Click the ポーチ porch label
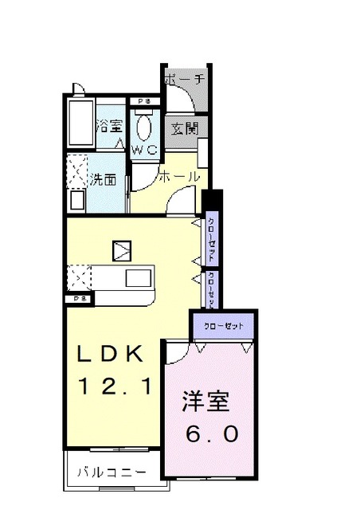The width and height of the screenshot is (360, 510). point(185,80)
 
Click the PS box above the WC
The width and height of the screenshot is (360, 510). point(143,102)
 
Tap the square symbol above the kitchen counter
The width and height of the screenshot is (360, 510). point(122,251)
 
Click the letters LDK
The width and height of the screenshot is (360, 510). point(110,353)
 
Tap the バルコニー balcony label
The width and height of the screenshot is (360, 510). point(112,472)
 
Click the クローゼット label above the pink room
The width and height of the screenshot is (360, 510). point(223,325)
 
